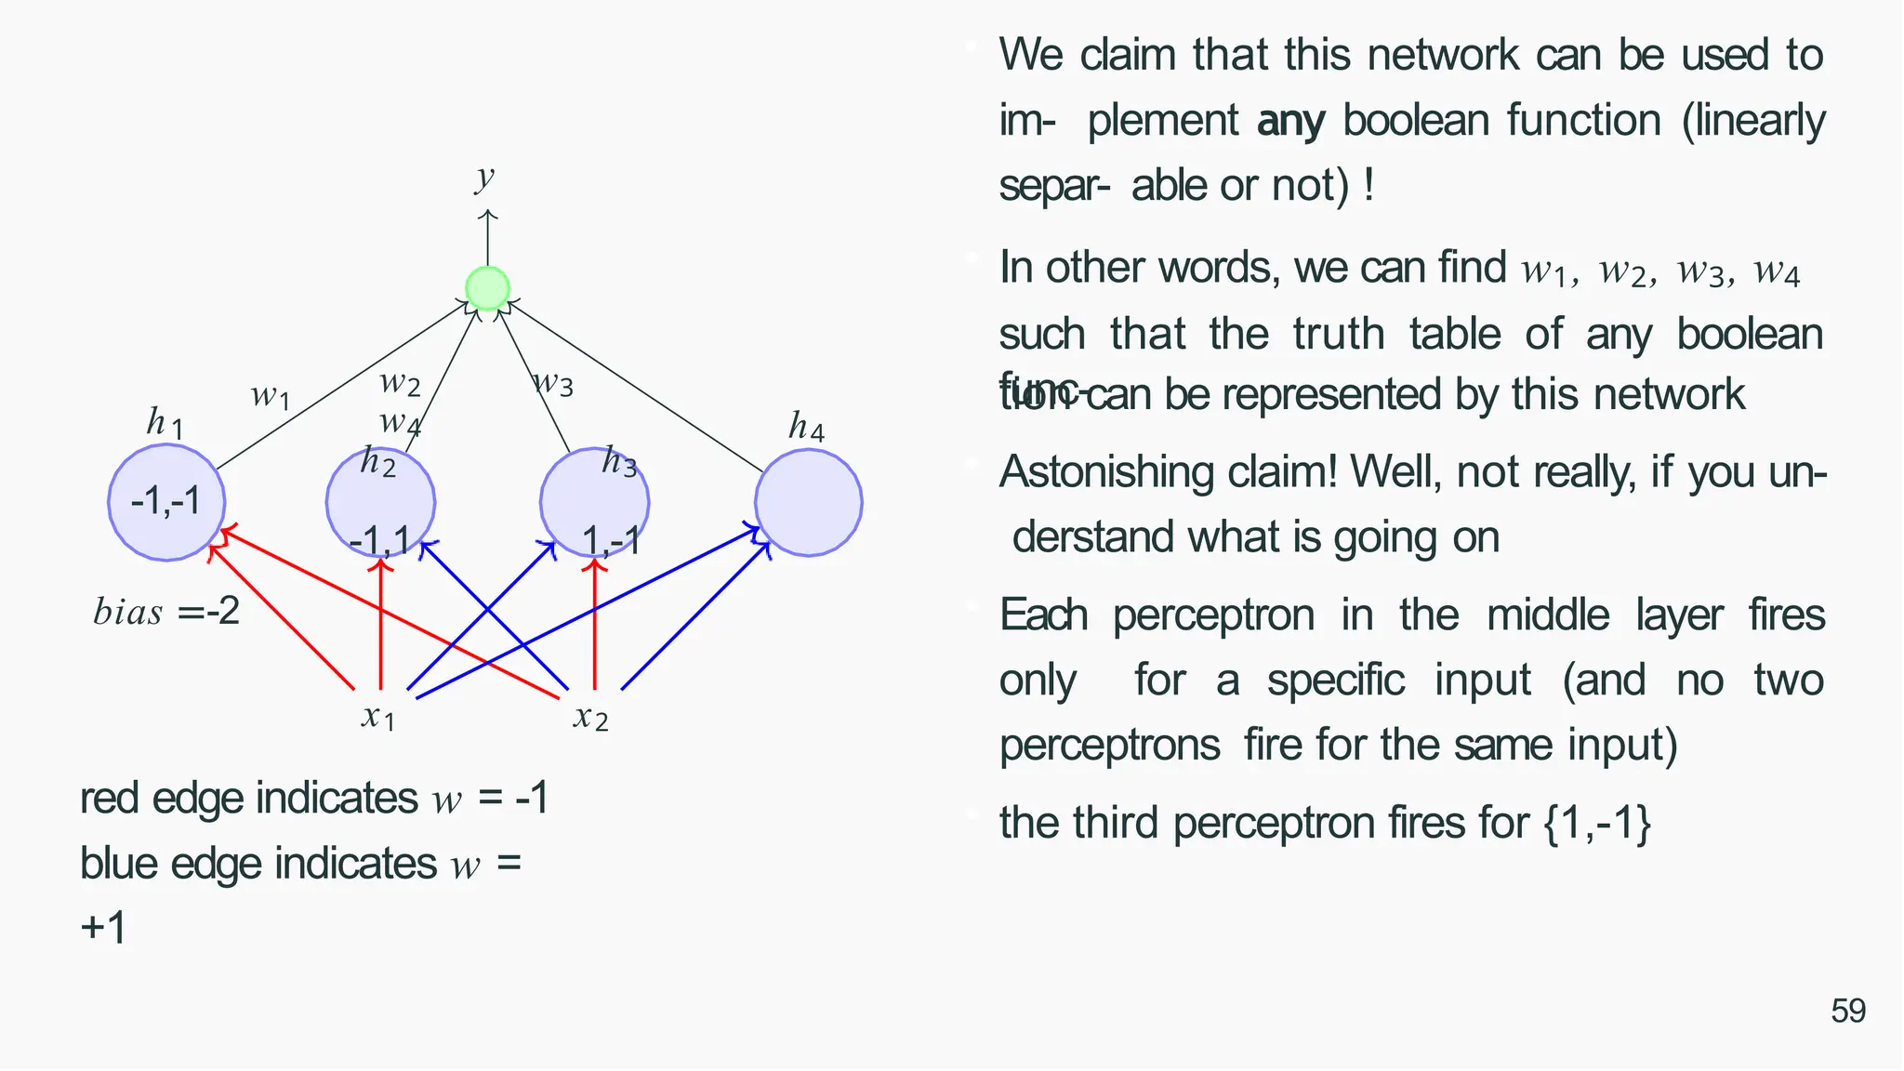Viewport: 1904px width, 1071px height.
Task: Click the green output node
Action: [487, 288]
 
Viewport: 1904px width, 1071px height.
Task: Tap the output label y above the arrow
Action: [484, 176]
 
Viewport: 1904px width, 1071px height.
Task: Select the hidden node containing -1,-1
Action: [166, 502]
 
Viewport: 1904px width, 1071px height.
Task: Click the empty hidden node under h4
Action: [808, 503]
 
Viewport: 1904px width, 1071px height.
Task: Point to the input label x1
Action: [378, 717]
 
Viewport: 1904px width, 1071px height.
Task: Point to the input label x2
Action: [591, 717]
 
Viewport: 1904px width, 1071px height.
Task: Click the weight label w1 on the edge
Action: [271, 396]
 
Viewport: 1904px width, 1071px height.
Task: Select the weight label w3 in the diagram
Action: [554, 381]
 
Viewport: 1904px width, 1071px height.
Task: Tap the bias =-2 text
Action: [166, 612]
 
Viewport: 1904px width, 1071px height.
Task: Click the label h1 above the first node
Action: [165, 423]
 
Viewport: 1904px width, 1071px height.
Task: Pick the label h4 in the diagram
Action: [806, 427]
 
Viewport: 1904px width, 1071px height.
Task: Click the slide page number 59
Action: [1848, 1011]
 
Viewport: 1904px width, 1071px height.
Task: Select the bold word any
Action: [1290, 122]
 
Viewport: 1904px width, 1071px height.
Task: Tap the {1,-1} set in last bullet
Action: [1597, 824]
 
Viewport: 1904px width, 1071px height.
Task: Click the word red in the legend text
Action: [110, 799]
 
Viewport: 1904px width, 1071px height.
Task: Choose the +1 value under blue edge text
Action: [103, 928]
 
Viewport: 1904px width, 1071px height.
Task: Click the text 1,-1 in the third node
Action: [611, 540]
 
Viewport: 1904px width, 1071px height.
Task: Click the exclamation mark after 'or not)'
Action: [1368, 185]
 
